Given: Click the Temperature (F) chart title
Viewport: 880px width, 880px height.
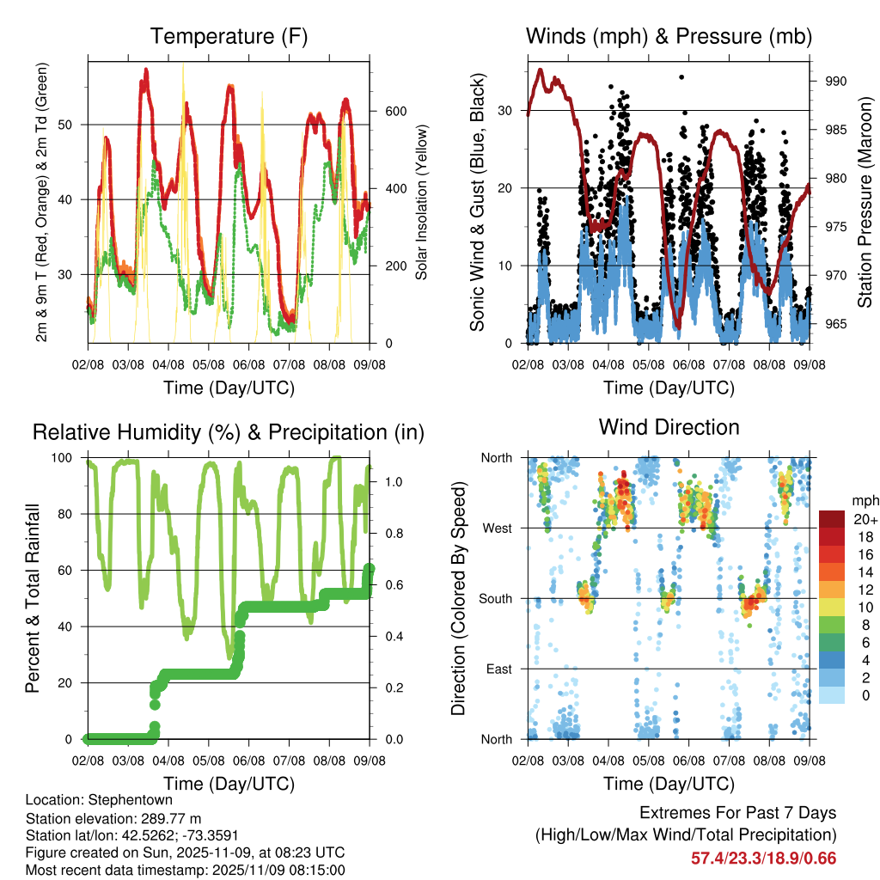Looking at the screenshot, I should (229, 36).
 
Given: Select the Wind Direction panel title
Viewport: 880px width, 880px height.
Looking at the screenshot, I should (669, 426).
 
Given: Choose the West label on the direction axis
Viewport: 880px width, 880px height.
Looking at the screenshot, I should (497, 528).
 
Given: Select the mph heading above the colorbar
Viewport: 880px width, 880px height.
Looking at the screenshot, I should (865, 500).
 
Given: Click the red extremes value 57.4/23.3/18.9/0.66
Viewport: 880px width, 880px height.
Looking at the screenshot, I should (763, 858).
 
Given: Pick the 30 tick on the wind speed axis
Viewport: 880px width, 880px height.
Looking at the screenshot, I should (507, 111).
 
